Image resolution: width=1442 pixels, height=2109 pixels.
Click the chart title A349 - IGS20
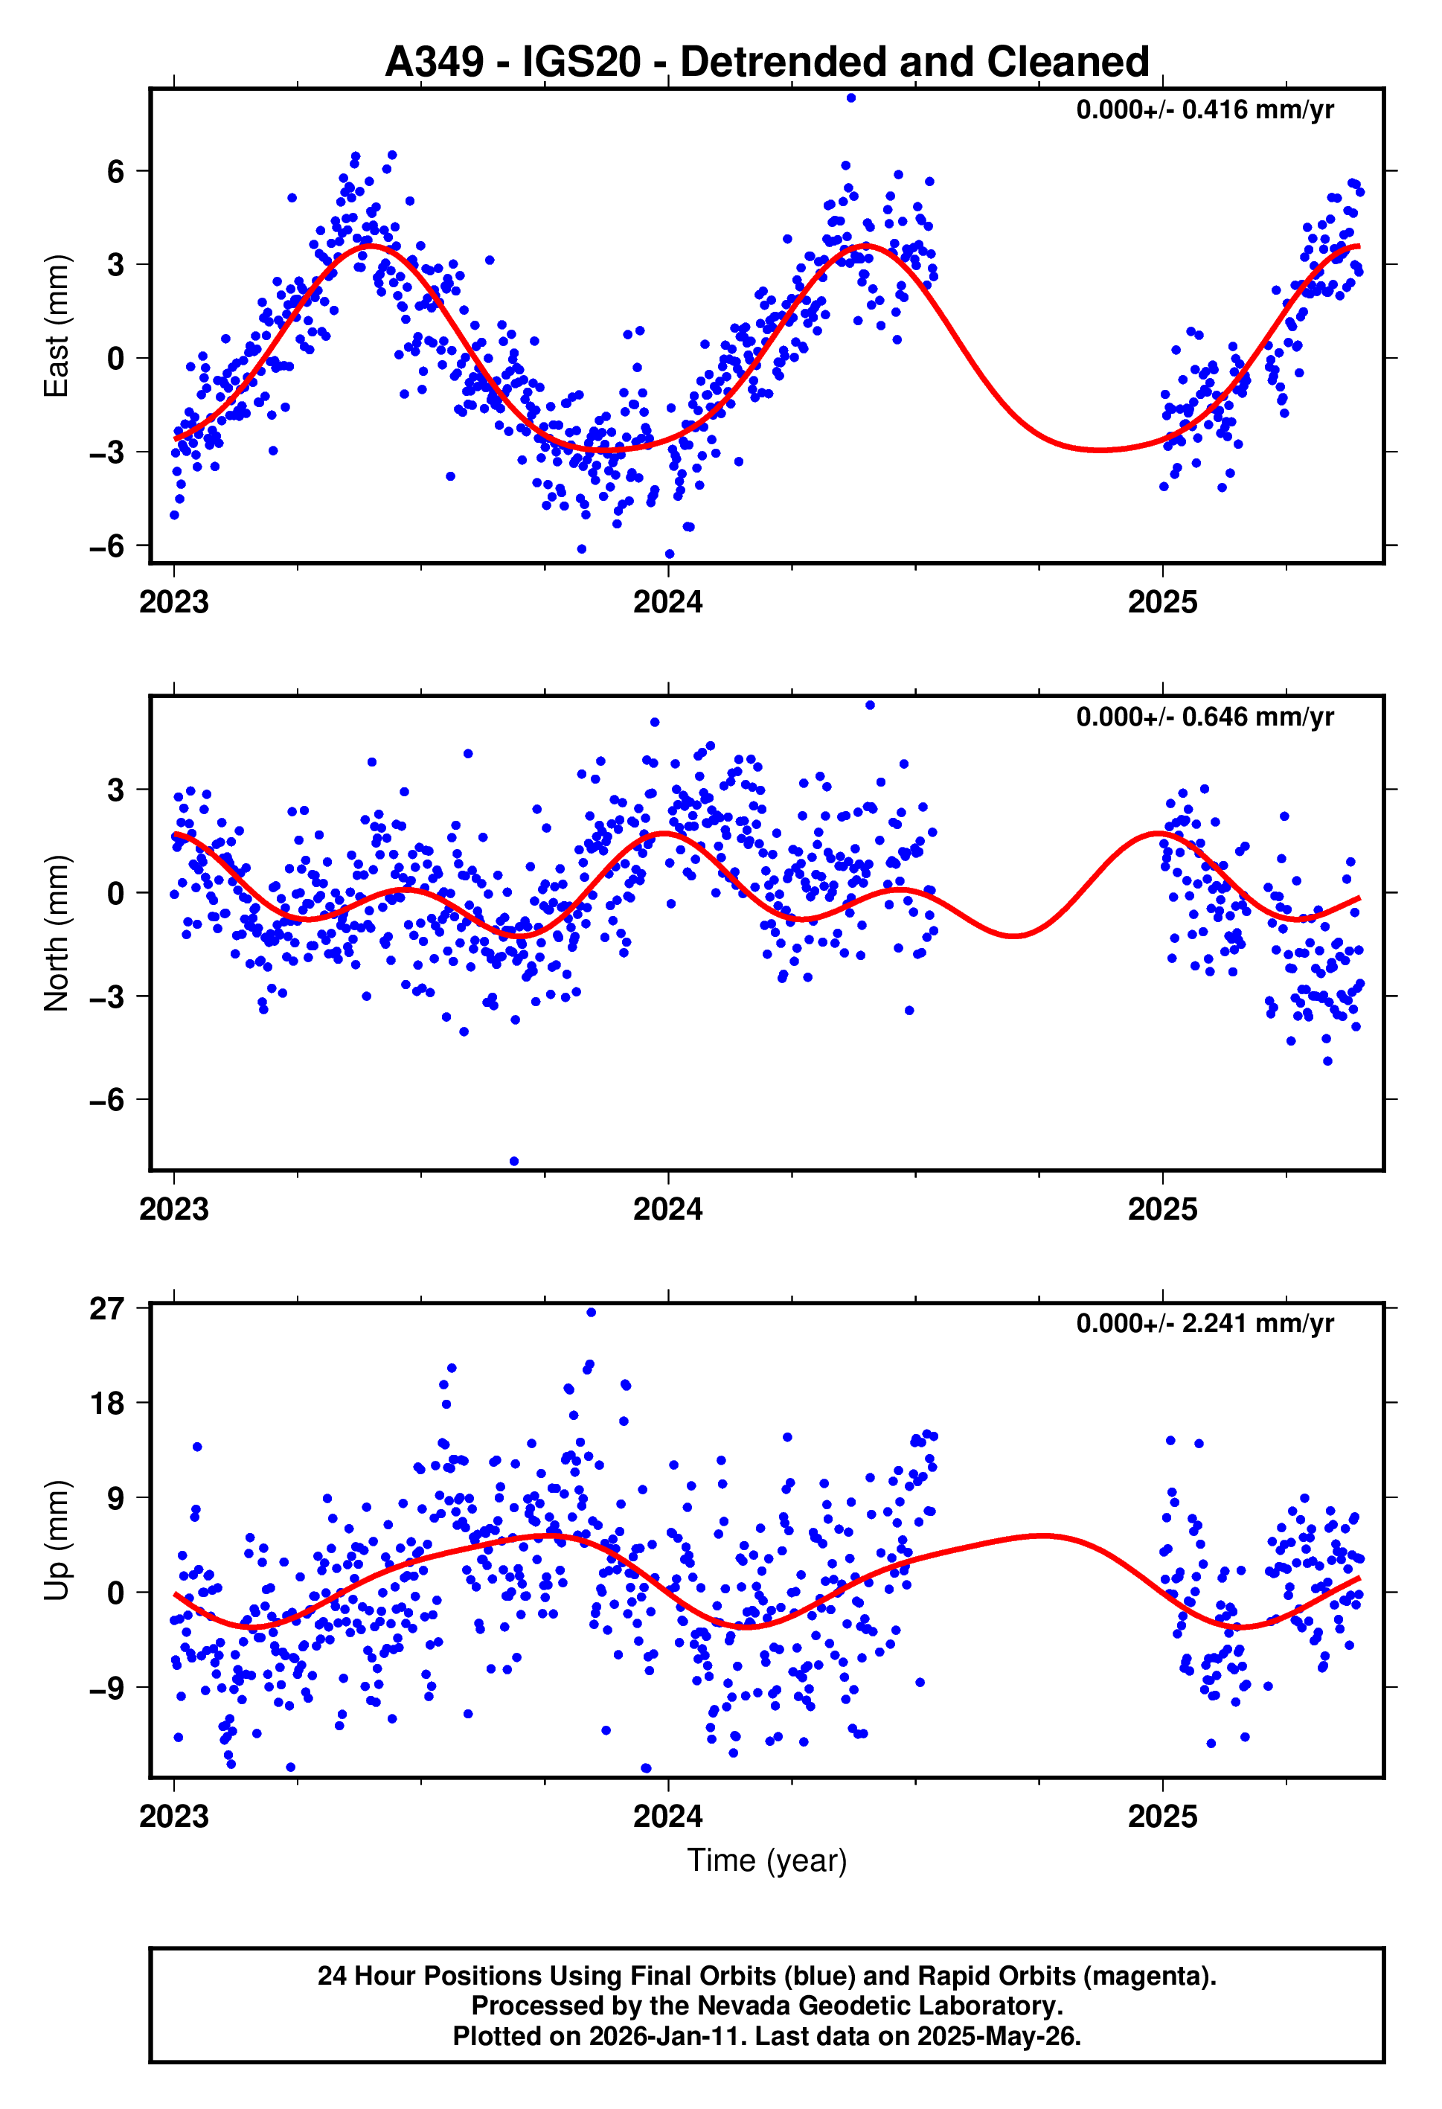tap(767, 62)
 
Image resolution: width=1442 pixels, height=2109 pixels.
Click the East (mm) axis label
tap(57, 326)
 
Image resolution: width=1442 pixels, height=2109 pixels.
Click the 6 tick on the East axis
tap(115, 171)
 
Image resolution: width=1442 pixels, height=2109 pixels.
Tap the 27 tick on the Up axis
tap(106, 1308)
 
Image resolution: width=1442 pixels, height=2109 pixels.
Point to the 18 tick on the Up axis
tap(106, 1403)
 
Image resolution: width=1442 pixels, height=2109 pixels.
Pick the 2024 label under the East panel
tap(668, 601)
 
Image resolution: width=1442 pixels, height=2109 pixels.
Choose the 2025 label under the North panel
tap(1162, 1209)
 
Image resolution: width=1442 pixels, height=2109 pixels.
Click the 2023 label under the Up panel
tap(173, 1816)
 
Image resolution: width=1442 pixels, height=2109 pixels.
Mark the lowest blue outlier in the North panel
tap(513, 1161)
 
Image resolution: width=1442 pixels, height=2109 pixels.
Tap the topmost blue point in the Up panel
tap(591, 1312)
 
